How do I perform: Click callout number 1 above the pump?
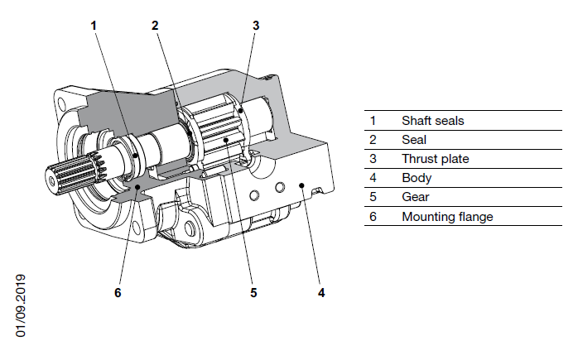point(94,25)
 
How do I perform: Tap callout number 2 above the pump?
point(155,25)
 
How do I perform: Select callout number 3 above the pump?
point(256,25)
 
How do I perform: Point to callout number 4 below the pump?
point(320,292)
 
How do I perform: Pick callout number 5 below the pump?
point(254,292)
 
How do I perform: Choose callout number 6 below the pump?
point(118,292)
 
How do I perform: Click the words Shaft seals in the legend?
point(432,121)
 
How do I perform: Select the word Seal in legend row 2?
point(413,140)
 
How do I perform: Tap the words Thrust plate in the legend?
point(435,159)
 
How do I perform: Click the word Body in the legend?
point(416,178)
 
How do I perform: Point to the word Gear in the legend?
point(415,197)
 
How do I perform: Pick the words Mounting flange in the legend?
point(446,217)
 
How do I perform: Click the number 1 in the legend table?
point(373,121)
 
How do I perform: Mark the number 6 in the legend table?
point(373,217)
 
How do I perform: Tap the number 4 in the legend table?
point(373,178)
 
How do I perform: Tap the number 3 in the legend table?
point(373,159)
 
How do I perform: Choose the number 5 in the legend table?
point(373,197)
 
